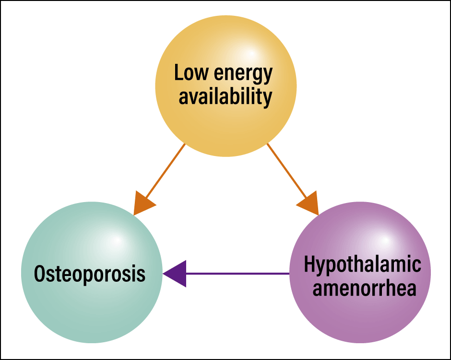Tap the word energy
coord(243,74)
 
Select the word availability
coord(225,96)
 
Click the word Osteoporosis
coord(90,274)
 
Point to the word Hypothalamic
coord(362,264)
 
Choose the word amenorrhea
coord(365,288)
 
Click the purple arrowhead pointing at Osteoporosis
coord(175,274)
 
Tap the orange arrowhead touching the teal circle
coord(143,203)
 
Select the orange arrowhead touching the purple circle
coord(309,203)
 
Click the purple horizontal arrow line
coord(237,274)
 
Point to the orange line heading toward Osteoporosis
coord(166,171)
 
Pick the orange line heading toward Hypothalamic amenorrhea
coord(287,171)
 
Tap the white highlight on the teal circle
coord(117,240)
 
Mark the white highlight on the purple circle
coord(385,240)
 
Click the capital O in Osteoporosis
coord(40,274)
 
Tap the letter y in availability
coord(267,99)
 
